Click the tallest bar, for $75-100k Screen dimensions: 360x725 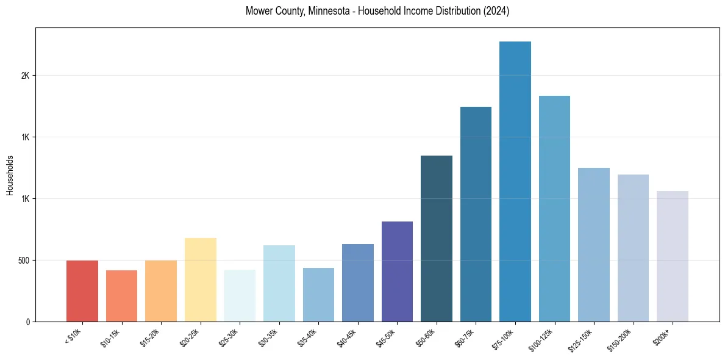tap(515, 181)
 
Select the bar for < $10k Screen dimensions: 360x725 tap(82, 291)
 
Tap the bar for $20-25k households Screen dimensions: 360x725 tap(200, 279)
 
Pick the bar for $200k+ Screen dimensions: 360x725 tap(673, 256)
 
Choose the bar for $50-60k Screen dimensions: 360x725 tap(437, 239)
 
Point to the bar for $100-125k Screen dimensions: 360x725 tap(554, 209)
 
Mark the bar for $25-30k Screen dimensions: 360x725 tap(240, 295)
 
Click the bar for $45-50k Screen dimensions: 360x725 tap(397, 272)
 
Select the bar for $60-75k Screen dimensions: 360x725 tap(476, 214)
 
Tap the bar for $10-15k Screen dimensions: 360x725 tap(121, 296)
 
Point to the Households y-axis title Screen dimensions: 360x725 tap(10, 175)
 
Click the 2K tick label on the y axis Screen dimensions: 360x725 tap(25, 76)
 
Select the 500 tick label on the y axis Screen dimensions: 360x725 tap(23, 261)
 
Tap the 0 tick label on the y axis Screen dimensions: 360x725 tap(27, 322)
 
